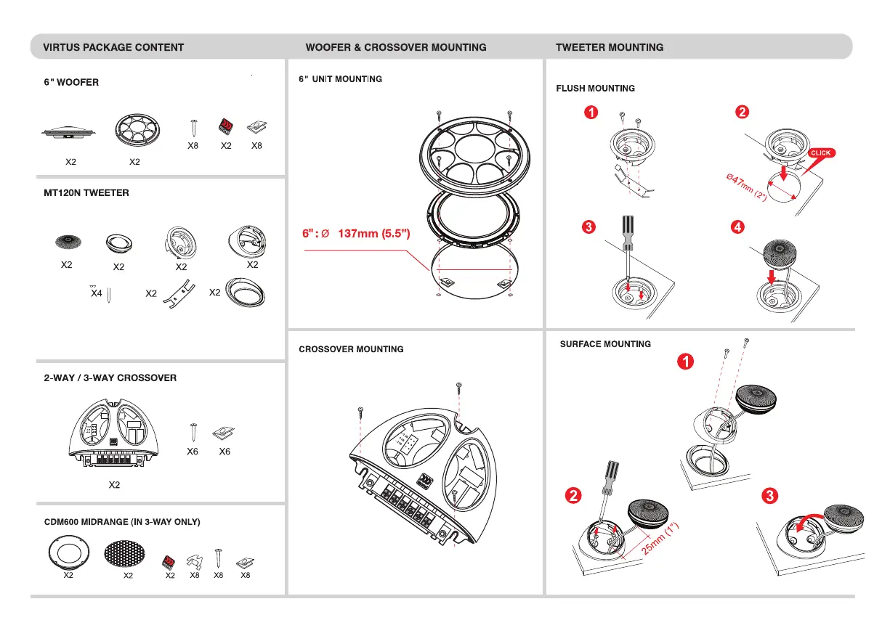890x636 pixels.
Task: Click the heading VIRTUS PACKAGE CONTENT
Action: (x=113, y=47)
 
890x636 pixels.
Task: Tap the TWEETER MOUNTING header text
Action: (x=610, y=47)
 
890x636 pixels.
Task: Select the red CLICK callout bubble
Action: (x=821, y=153)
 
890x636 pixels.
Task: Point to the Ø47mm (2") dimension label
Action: (x=746, y=187)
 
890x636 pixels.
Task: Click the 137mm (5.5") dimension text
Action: (x=374, y=233)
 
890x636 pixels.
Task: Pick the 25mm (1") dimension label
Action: (x=660, y=538)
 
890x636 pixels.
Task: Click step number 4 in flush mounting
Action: (x=737, y=227)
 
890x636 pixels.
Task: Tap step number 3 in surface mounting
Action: (x=769, y=495)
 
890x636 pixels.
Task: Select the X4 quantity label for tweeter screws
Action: (x=96, y=293)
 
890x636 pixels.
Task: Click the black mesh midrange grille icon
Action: (x=124, y=553)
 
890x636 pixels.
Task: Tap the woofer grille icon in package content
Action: (x=137, y=130)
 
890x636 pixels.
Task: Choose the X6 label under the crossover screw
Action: (x=193, y=452)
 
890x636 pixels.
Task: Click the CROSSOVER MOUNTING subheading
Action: (x=351, y=349)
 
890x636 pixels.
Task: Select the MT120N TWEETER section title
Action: (x=86, y=193)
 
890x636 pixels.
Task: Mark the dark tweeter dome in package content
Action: (x=68, y=241)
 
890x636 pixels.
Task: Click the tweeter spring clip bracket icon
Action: (x=179, y=294)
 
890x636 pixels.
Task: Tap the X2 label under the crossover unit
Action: (x=114, y=485)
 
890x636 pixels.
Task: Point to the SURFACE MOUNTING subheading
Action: (x=605, y=344)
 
